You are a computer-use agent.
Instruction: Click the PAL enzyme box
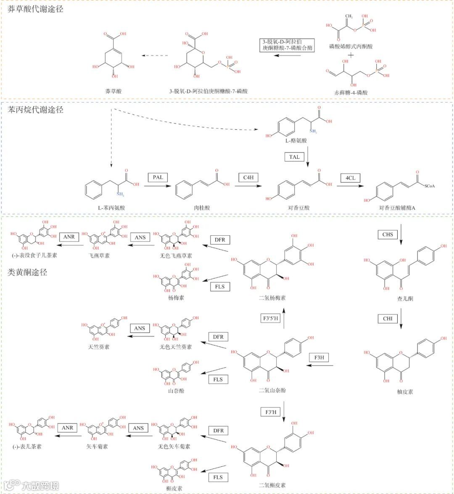(158, 177)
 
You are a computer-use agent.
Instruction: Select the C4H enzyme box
(248, 177)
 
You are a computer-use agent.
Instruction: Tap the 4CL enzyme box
(350, 178)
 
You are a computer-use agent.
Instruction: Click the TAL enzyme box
(294, 157)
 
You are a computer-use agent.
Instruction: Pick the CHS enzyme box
(388, 234)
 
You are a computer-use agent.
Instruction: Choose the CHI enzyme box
(388, 318)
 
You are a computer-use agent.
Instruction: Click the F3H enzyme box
(319, 357)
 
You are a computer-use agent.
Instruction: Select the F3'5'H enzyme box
(271, 318)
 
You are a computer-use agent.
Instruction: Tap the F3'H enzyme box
(271, 412)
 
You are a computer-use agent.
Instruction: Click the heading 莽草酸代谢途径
(36, 8)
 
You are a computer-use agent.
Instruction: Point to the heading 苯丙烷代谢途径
(36, 110)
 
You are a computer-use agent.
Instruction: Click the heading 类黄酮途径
(27, 272)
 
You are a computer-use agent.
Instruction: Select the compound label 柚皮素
(405, 392)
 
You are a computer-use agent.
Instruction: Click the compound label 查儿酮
(405, 299)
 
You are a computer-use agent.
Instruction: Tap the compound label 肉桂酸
(202, 208)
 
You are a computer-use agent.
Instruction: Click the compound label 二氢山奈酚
(272, 390)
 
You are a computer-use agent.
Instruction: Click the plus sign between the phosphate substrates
(351, 55)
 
